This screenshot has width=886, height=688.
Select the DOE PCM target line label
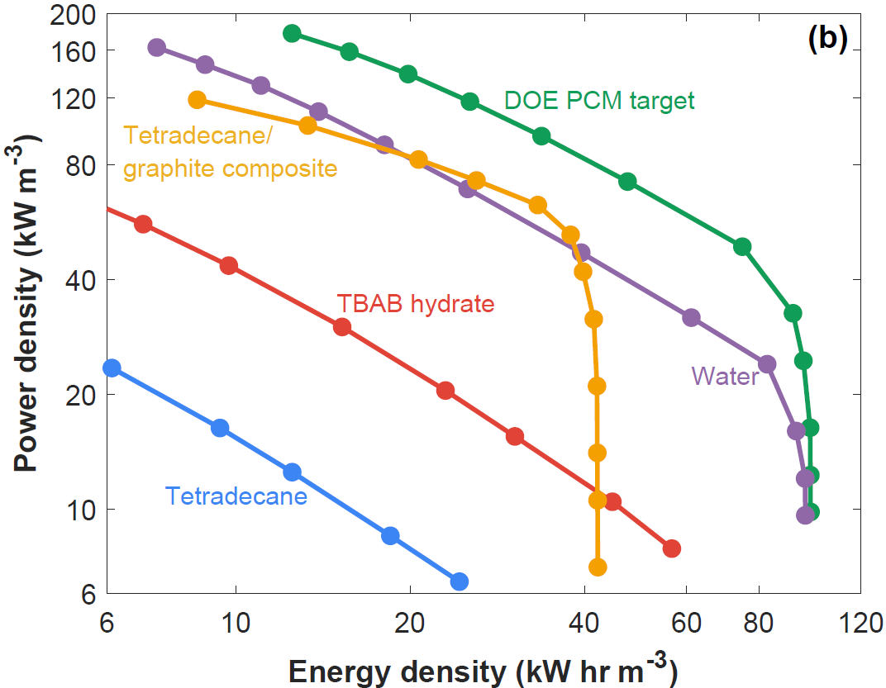pos(599,101)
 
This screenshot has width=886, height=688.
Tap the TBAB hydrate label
pos(416,304)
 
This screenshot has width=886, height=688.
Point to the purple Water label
pos(725,377)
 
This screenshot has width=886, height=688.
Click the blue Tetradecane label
pos(236,496)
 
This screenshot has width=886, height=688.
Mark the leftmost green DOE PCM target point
pos(291,34)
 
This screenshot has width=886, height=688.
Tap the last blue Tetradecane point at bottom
pos(460,581)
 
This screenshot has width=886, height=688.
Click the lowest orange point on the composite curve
pos(598,567)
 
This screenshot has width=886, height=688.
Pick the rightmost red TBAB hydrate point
pos(671,548)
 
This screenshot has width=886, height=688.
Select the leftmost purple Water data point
pos(156,48)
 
